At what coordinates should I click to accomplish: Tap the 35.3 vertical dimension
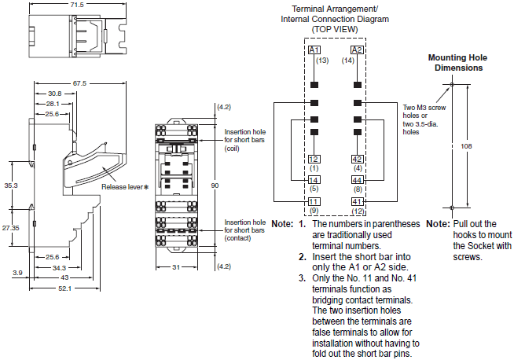click(10, 186)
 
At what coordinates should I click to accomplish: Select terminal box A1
click(314, 49)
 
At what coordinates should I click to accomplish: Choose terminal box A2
click(357, 49)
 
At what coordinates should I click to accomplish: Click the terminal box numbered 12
click(314, 158)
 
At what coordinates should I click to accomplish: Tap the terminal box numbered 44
click(357, 179)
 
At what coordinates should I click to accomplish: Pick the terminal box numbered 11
click(314, 200)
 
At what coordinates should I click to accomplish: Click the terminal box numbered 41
click(357, 200)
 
